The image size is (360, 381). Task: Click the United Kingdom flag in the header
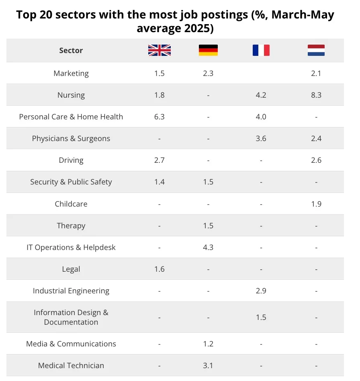pos(160,50)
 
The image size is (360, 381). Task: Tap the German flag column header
pos(208,50)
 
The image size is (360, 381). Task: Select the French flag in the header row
pos(261,50)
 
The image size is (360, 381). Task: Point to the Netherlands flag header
pos(316,50)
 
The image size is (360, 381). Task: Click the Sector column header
pos(71,50)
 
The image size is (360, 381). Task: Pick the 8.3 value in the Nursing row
pos(316,95)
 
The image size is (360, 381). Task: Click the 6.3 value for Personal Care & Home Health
pos(160,117)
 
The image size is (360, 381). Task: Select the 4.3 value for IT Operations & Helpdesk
pos(208,247)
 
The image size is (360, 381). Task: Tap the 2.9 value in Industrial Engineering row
pos(261,291)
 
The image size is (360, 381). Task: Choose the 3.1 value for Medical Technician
pos(208,365)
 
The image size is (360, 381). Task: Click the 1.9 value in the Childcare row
pos(316,204)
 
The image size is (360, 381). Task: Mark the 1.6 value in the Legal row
pos(160,269)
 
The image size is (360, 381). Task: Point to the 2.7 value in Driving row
pos(160,160)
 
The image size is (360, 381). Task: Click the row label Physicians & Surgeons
pos(71,139)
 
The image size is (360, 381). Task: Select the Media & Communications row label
pos(71,344)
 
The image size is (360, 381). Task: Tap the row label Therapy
pos(71,226)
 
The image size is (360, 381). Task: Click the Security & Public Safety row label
pos(71,182)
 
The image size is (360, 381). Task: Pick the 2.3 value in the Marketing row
pos(208,74)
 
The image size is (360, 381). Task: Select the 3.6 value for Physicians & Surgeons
pos(261,139)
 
